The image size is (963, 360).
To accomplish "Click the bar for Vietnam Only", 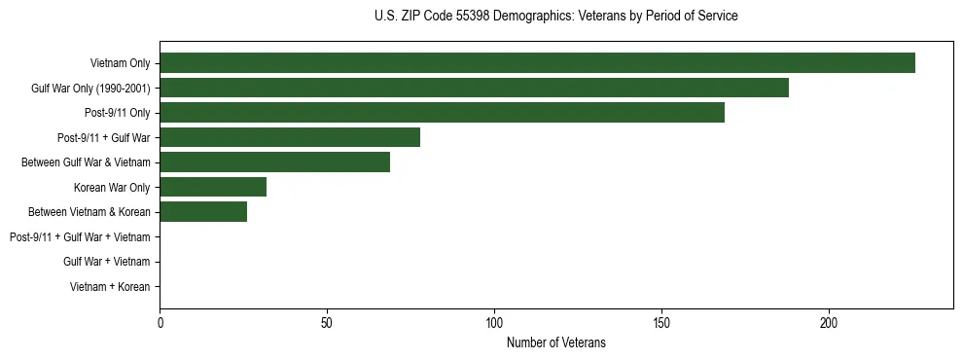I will [537, 63].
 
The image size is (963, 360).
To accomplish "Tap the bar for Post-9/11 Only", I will [442, 113].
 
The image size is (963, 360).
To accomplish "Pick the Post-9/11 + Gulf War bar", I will [290, 137].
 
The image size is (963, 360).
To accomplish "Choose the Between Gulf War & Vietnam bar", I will [274, 162].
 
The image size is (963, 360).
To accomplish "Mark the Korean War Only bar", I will [213, 187].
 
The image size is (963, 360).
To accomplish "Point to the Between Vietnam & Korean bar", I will [203, 212].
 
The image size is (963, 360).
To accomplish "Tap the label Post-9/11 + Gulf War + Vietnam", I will [80, 237].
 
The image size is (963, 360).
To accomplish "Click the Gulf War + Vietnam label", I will [106, 262].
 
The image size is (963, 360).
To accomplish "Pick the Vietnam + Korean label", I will [110, 287].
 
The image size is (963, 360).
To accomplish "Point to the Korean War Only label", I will [112, 188].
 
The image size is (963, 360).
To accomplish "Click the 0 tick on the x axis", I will [160, 322].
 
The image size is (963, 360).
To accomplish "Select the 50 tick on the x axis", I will [327, 322].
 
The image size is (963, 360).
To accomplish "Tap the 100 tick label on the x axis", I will [494, 322].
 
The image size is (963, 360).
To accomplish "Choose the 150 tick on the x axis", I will [661, 322].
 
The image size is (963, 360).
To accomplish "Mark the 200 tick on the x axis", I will [829, 322].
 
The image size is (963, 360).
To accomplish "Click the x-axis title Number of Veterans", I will [555, 342].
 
